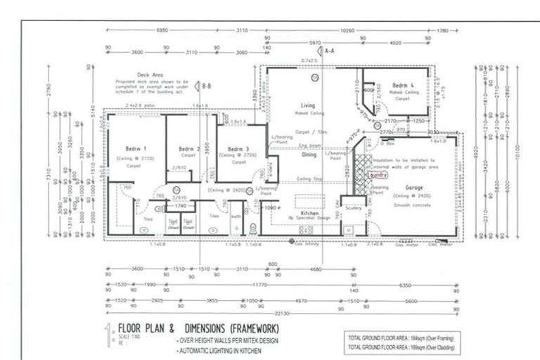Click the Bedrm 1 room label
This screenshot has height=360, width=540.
pos(136,149)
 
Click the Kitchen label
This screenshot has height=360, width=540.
pos(310,212)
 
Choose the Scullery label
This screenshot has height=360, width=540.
pos(353,207)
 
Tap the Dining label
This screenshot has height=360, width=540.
pos(309,155)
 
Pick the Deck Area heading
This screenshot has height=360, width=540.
pos(150,73)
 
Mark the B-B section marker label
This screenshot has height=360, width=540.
pos(207,86)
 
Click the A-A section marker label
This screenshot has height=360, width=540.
pos(330,51)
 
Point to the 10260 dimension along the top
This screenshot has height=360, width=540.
pos(347,31)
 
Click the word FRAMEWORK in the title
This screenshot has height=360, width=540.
pos(247,329)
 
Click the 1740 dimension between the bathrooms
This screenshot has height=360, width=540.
pos(179,205)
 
